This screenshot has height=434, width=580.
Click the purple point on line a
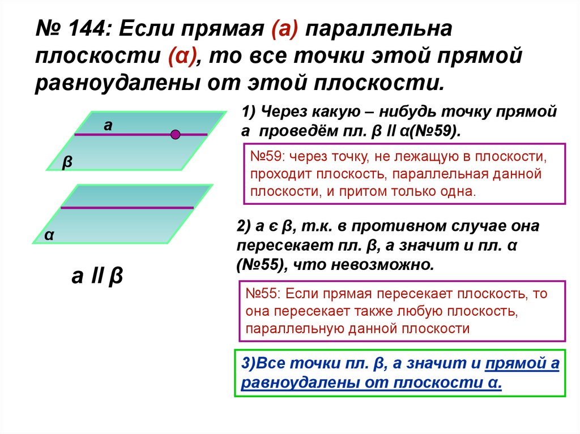(x=176, y=134)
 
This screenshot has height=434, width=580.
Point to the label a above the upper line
(x=108, y=126)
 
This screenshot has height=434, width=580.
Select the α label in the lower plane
(x=49, y=235)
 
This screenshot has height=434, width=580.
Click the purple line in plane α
(x=127, y=208)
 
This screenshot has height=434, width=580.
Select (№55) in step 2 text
(x=260, y=265)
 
